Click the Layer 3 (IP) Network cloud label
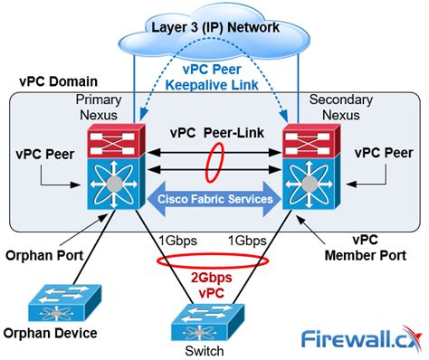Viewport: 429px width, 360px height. coord(215,27)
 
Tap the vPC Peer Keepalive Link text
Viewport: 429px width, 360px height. coord(215,78)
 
